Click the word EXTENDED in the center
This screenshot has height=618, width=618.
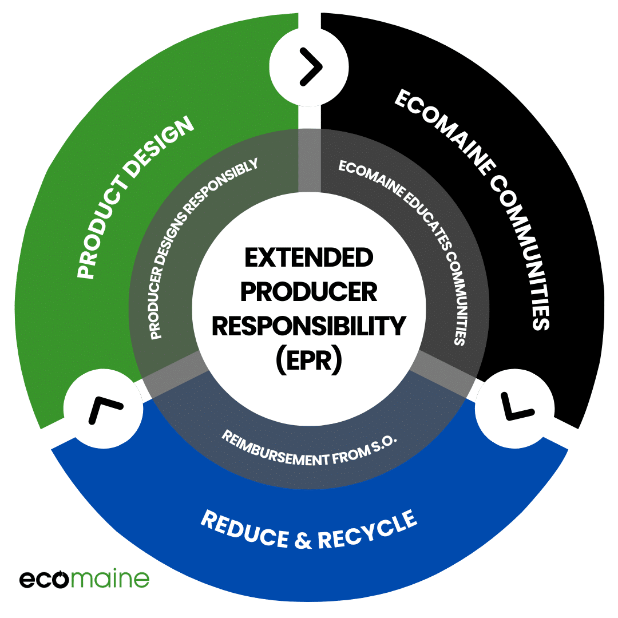coord(308,259)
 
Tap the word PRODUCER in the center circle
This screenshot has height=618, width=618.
coord(308,293)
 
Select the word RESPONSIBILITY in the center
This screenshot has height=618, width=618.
coord(308,327)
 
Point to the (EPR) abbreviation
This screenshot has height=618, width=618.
coord(308,360)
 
